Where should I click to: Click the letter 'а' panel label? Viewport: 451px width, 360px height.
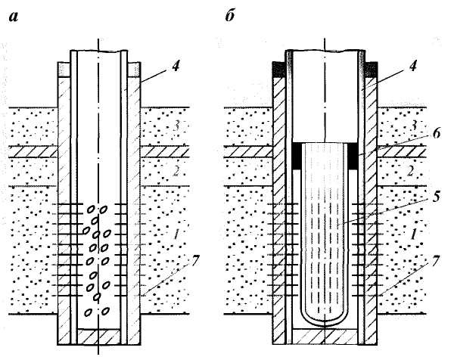(13, 17)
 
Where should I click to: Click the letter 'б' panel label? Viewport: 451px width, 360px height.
(230, 16)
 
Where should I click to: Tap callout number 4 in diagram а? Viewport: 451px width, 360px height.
(176, 67)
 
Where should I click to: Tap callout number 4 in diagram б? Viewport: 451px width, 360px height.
(412, 67)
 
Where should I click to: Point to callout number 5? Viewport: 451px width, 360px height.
(436, 197)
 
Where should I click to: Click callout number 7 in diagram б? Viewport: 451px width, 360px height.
(435, 261)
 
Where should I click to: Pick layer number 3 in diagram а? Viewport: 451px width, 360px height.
(176, 126)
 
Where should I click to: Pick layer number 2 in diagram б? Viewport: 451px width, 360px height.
(410, 172)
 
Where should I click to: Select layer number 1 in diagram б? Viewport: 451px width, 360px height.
(413, 235)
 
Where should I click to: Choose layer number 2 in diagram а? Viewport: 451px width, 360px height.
(176, 172)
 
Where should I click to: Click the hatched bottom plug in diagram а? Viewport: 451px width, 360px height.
(98, 337)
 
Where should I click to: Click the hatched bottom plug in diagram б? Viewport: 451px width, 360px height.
(325, 337)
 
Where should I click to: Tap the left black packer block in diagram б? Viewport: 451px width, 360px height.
(297, 156)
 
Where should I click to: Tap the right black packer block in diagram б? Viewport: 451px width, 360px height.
(353, 156)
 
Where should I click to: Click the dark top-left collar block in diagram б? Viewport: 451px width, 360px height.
(278, 70)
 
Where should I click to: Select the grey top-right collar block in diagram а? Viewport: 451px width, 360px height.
(134, 70)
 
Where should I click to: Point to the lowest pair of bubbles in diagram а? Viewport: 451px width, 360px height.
(98, 311)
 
